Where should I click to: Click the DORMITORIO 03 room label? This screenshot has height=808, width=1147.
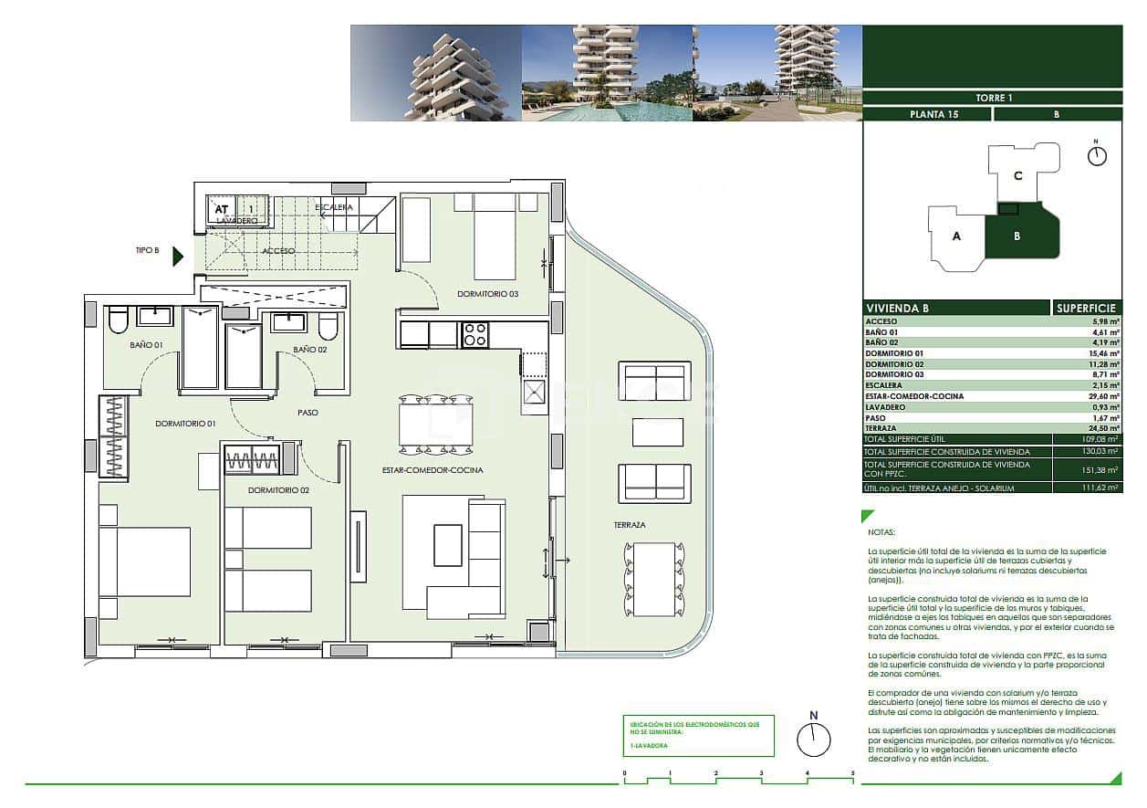[x=488, y=294]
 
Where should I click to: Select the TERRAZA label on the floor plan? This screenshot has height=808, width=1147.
[x=630, y=526]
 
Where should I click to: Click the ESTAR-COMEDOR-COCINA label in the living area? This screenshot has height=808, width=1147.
[x=433, y=470]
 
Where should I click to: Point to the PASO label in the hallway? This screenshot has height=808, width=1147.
[x=308, y=413]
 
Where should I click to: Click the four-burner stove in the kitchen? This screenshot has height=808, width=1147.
[x=474, y=335]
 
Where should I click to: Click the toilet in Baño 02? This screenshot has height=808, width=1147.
[x=329, y=327]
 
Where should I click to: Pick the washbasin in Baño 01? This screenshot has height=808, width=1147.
[x=154, y=316]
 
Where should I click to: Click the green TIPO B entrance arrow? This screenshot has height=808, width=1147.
[x=178, y=257]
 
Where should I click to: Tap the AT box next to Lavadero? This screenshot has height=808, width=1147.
[x=221, y=209]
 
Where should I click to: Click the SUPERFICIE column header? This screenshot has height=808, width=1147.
[x=1087, y=309]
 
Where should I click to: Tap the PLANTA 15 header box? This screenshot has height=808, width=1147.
[x=926, y=114]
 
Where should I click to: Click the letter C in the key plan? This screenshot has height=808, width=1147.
[x=1017, y=176]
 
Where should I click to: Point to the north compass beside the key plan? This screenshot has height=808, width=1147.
[x=1097, y=155]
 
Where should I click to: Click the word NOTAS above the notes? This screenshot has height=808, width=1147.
[x=882, y=531]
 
